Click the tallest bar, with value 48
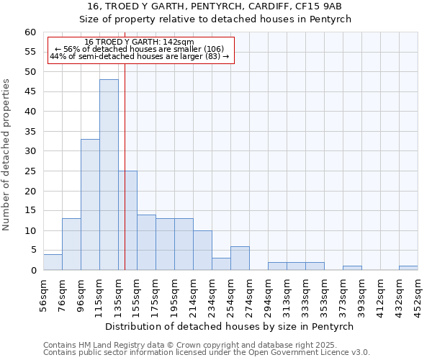pyautogui.click(x=109, y=175)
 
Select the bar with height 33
pyautogui.click(x=90, y=204)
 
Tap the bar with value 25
pyautogui.click(x=128, y=220)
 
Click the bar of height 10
pyautogui.click(x=202, y=250)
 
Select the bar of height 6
pyautogui.click(x=240, y=258)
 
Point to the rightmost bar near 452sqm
pyautogui.click(x=408, y=268)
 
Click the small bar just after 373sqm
pyautogui.click(x=352, y=268)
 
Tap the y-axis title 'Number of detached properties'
pyautogui.click(x=6, y=155)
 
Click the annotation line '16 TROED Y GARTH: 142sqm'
pyautogui.click(x=139, y=42)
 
